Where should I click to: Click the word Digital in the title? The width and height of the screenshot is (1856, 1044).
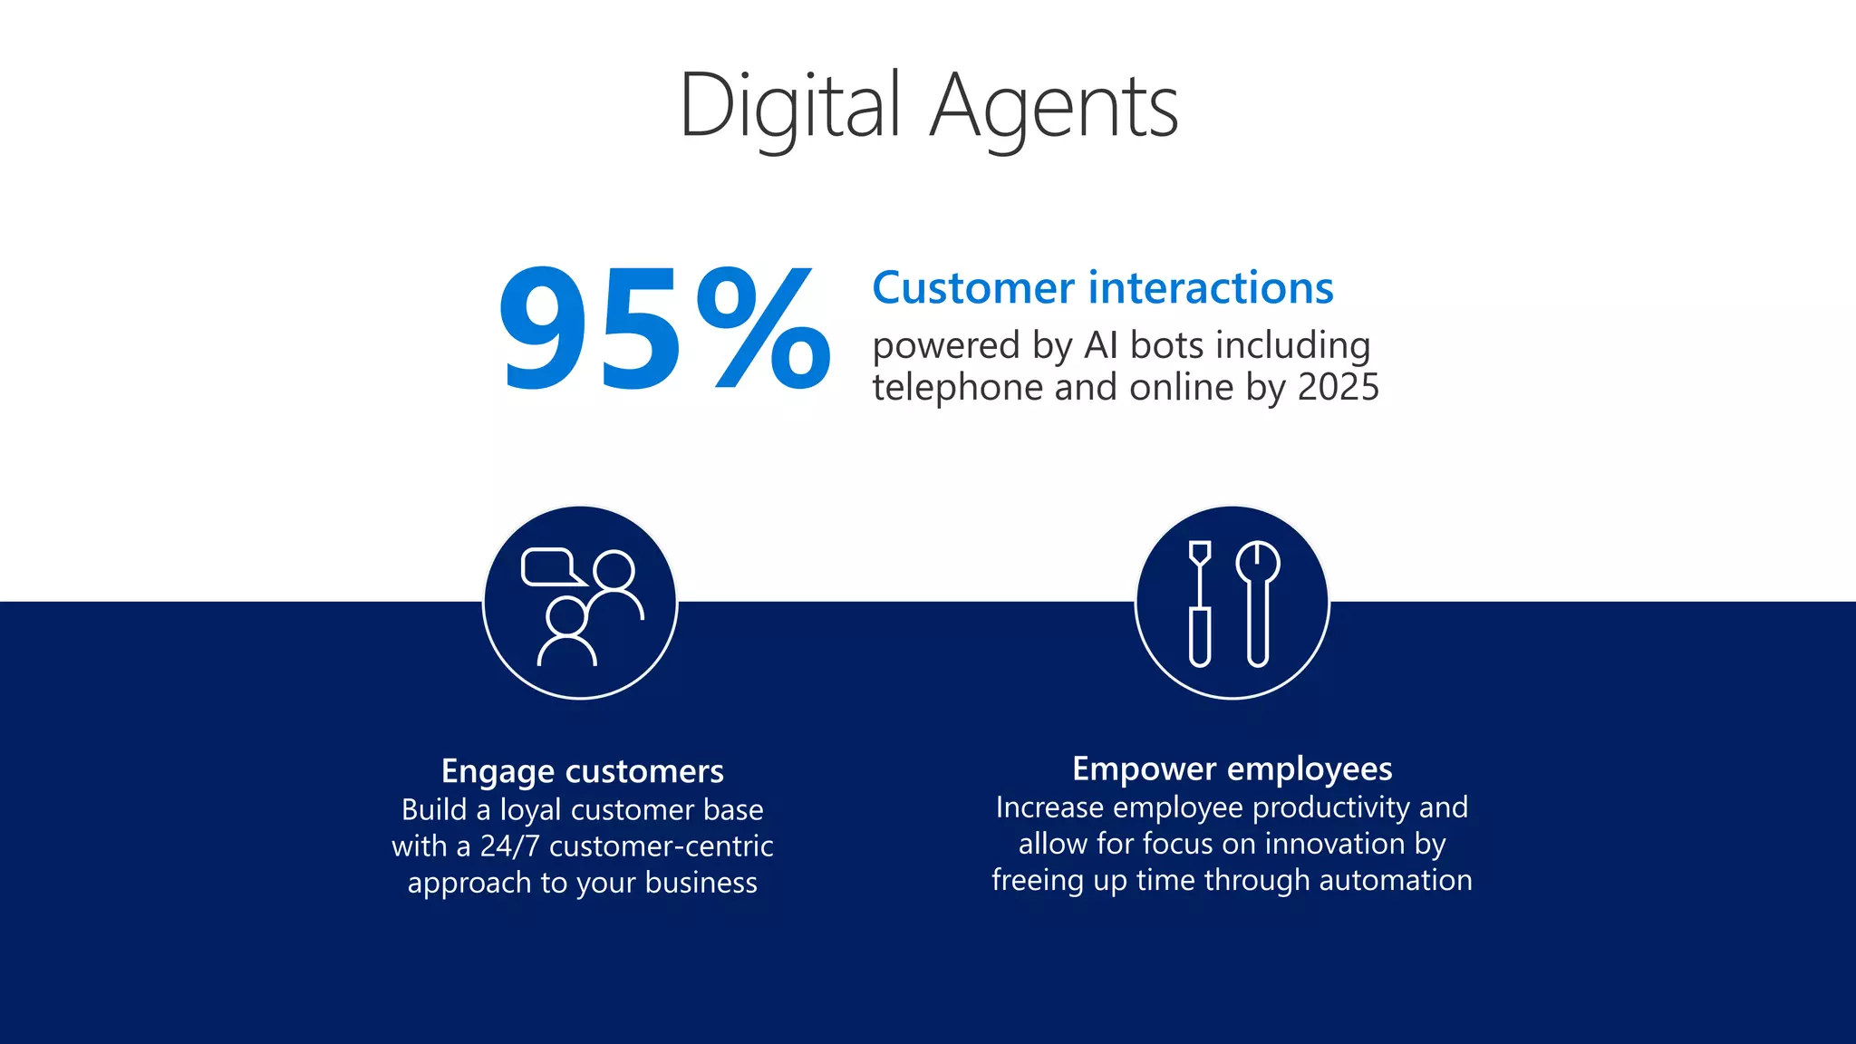pyautogui.click(x=789, y=107)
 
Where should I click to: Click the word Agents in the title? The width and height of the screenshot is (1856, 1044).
pyautogui.click(x=1054, y=107)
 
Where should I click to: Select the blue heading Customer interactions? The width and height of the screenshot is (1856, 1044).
pyautogui.click(x=1102, y=288)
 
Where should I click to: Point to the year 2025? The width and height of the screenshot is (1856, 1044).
pyautogui.click(x=1339, y=388)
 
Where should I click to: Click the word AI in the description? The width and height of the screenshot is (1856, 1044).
pyautogui.click(x=1101, y=345)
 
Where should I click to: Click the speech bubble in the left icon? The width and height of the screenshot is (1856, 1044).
pyautogui.click(x=549, y=567)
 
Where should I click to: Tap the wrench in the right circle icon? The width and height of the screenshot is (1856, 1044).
pyautogui.click(x=1258, y=603)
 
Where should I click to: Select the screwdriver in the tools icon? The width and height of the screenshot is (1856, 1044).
pyautogui.click(x=1200, y=603)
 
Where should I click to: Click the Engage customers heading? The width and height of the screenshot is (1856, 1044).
pyautogui.click(x=582, y=771)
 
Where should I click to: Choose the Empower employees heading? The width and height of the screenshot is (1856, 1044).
pyautogui.click(x=1232, y=768)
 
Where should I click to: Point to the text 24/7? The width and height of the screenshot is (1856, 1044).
pyautogui.click(x=509, y=846)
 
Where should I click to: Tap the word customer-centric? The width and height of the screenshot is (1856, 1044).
pyautogui.click(x=661, y=846)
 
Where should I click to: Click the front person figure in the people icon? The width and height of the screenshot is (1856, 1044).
pyautogui.click(x=567, y=633)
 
